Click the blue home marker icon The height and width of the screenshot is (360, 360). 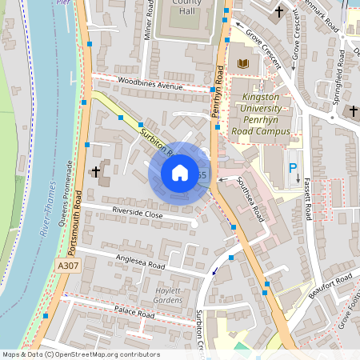coord(179,173)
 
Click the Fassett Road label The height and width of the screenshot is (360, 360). coord(308,200)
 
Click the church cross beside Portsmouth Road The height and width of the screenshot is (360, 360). coord(95,171)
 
